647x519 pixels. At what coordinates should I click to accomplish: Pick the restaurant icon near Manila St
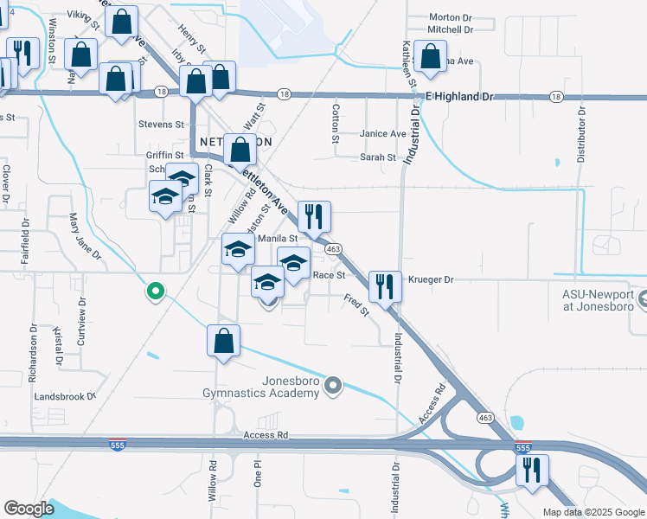pyautogui.click(x=313, y=216)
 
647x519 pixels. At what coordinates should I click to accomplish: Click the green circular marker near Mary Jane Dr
pyautogui.click(x=156, y=292)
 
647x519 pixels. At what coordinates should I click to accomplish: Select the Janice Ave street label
pyautogui.click(x=383, y=134)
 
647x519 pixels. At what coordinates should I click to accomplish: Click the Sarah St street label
pyautogui.click(x=378, y=157)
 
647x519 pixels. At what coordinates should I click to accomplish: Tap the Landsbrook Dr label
pyautogui.click(x=65, y=396)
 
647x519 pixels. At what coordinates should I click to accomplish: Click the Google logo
pyautogui.click(x=29, y=509)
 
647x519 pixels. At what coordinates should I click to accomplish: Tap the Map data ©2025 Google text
pyautogui.click(x=593, y=512)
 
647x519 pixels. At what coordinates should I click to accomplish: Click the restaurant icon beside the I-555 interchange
pyautogui.click(x=530, y=470)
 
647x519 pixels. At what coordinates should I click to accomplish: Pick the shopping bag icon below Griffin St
pyautogui.click(x=240, y=149)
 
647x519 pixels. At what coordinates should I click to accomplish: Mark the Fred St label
pyautogui.click(x=356, y=304)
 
